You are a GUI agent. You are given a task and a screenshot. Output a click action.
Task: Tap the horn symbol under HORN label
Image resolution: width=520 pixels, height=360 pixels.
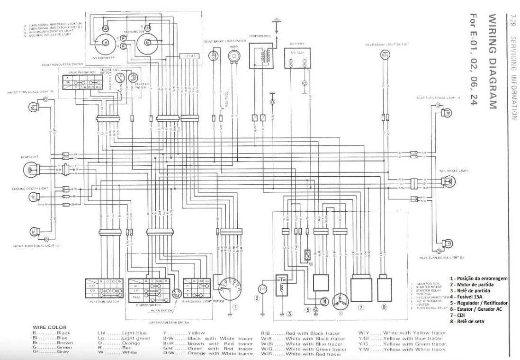coord(233,57)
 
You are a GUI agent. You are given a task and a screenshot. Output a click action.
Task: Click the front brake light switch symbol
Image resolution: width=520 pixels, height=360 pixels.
coord(214,56)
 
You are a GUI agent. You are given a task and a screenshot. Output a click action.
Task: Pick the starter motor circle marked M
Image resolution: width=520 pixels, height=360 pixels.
coord(261,288)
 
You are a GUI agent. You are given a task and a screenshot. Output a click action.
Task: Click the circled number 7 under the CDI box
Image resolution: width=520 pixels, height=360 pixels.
coord(361,307)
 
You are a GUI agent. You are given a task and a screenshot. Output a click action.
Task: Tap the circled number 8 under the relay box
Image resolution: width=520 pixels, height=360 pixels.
coord(384,307)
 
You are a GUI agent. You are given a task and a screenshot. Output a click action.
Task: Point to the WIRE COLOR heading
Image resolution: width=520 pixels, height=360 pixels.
coord(50,327)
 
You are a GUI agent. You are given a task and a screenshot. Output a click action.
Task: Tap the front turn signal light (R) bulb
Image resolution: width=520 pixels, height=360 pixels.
coord(34,106)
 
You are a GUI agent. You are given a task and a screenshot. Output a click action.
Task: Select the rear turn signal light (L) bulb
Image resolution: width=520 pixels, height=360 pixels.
coord(445,244)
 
